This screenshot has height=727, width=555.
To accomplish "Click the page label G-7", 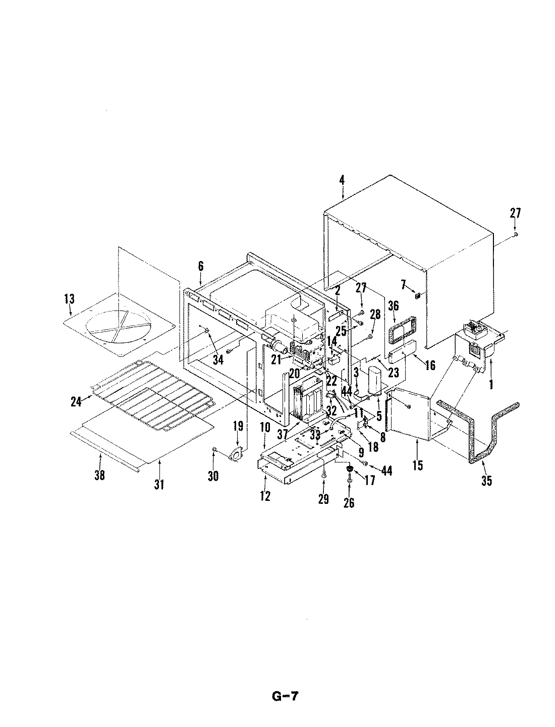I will coord(285,697).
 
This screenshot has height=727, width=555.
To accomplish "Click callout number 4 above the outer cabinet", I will coord(342,179).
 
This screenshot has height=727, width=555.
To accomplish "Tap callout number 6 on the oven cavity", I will coord(200,266).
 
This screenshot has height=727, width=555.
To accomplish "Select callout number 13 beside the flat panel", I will coord(69,298).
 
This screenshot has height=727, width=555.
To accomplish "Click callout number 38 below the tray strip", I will coord(100,475).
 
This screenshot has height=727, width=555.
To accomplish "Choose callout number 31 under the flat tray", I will coord(159,485).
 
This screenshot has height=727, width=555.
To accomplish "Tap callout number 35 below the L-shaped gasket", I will coord(486,481).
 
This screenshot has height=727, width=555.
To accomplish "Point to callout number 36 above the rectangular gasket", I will coord(394,306).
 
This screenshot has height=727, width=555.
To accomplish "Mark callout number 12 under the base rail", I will coord(265,496).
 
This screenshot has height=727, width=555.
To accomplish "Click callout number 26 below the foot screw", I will coord(349,502).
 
